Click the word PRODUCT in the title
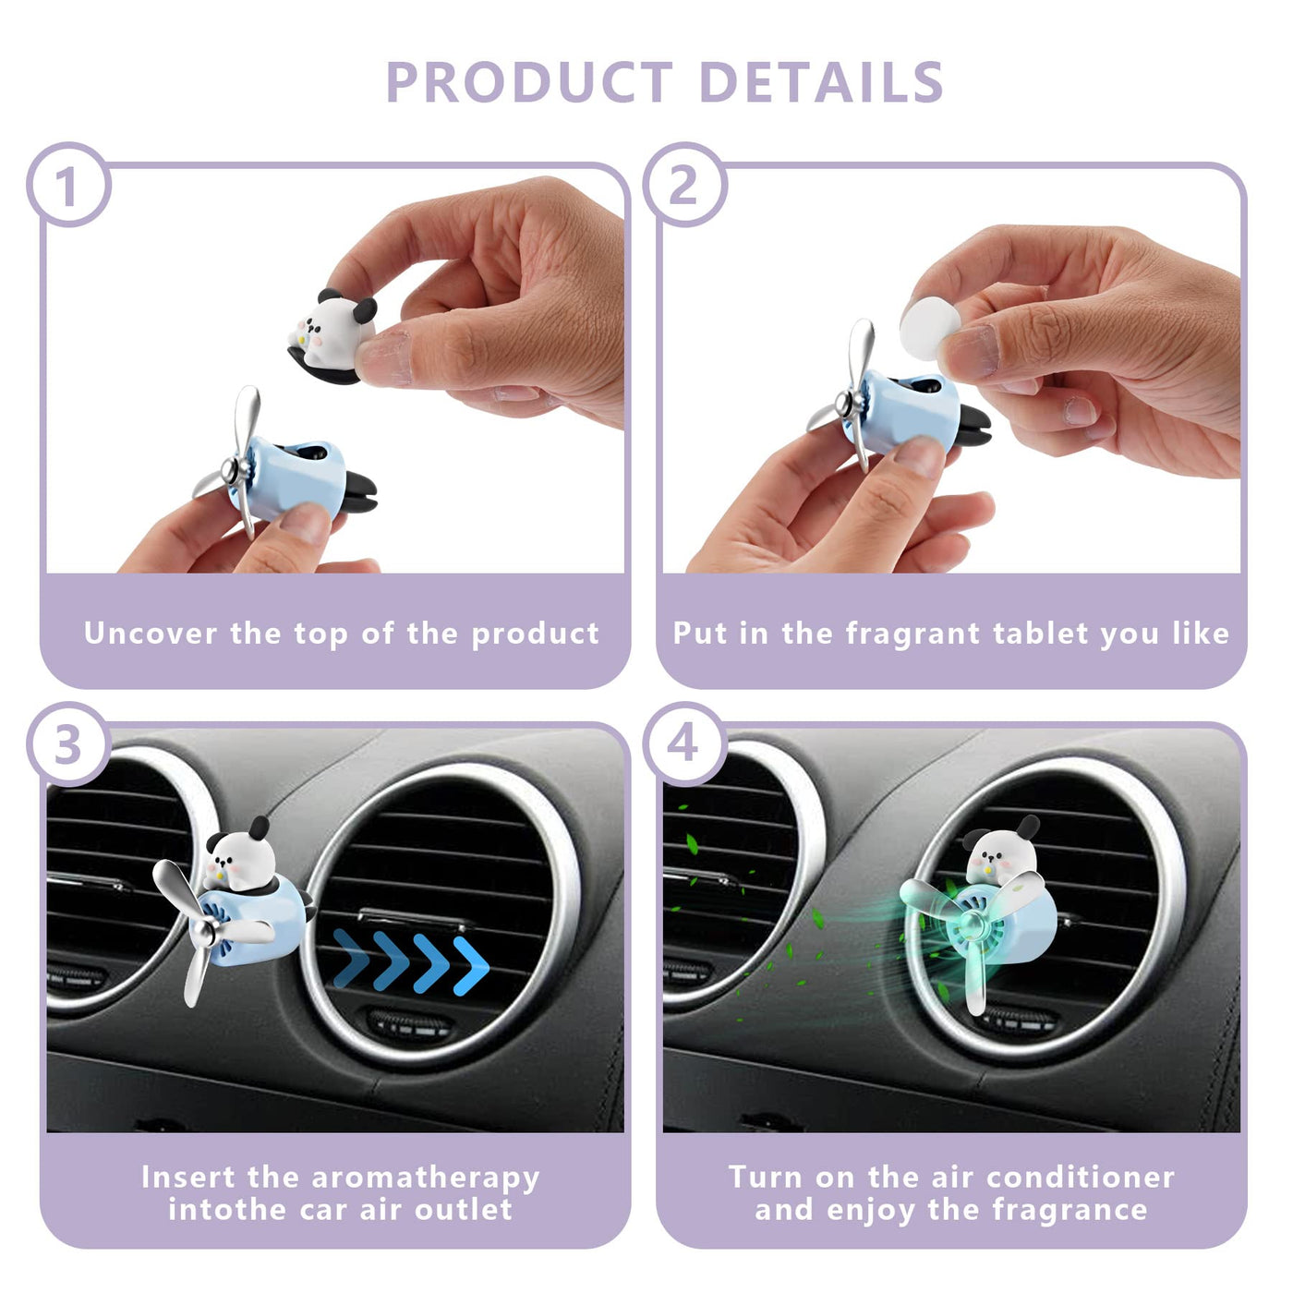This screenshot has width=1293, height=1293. (528, 82)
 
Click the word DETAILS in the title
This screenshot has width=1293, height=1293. (821, 82)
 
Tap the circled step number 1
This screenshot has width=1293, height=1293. (68, 186)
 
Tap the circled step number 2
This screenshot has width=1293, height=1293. (684, 186)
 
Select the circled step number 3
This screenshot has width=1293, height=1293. (68, 744)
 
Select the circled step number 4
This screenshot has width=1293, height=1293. (684, 744)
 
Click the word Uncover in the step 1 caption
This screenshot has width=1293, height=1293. (151, 634)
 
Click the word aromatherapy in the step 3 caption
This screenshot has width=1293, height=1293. (426, 1178)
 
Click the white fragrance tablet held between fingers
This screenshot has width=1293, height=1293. (930, 329)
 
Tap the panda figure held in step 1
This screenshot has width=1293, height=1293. (332, 335)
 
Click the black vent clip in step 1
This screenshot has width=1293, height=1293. (359, 492)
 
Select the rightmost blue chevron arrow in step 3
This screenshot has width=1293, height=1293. (472, 965)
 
